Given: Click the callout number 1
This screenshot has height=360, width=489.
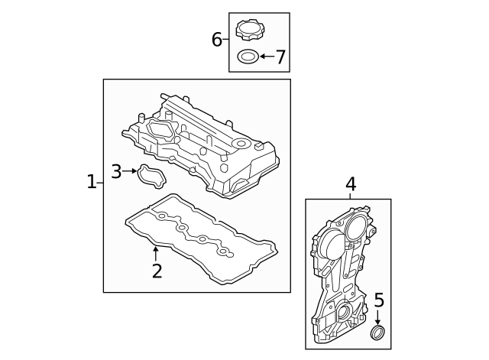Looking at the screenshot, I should pyautogui.click(x=91, y=182).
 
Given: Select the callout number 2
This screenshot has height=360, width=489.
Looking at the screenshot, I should pyautogui.click(x=157, y=271).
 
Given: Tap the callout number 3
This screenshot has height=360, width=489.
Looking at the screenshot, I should pyautogui.click(x=116, y=172).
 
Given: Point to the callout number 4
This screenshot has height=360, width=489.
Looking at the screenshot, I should pyautogui.click(x=351, y=184).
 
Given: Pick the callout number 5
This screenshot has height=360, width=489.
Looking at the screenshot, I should pyautogui.click(x=378, y=301).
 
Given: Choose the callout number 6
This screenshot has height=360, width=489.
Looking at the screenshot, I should pyautogui.click(x=217, y=40).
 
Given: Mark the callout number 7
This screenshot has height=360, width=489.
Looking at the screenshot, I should pyautogui.click(x=280, y=57).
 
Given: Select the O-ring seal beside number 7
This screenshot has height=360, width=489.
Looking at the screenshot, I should pyautogui.click(x=248, y=57).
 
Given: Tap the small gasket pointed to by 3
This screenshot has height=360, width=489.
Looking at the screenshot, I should pyautogui.click(x=151, y=178).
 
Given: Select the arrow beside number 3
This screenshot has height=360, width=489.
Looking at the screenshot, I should pyautogui.click(x=131, y=172).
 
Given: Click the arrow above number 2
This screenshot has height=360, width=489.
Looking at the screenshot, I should pyautogui.click(x=157, y=251).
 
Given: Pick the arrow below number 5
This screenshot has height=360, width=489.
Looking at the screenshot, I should pyautogui.click(x=377, y=318).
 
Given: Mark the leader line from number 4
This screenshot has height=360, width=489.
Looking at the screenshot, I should pyautogui.click(x=351, y=196).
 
